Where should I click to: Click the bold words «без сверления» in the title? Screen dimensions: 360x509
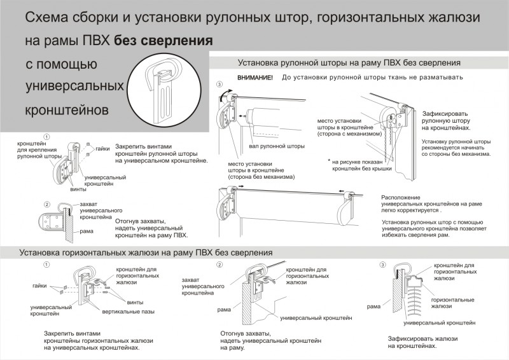tap(164, 41)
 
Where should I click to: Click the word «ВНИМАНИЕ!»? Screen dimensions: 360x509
tap(254, 78)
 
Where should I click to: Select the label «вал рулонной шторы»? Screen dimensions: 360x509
tap(277, 146)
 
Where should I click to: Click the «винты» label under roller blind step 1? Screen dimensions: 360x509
tap(79, 190)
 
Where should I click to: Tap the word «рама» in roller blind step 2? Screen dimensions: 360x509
tap(87, 232)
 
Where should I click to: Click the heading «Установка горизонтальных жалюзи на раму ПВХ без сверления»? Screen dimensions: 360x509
tap(146, 253)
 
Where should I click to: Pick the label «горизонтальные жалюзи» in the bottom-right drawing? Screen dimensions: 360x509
tap(452, 303)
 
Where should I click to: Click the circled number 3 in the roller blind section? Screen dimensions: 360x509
tap(220, 85)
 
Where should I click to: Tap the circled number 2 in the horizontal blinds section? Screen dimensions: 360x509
tap(220, 265)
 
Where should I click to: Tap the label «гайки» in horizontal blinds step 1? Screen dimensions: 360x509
tap(39, 286)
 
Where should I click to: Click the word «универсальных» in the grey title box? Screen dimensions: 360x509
tap(73, 85)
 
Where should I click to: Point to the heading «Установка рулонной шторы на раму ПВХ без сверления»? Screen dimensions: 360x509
tap(349, 63)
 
